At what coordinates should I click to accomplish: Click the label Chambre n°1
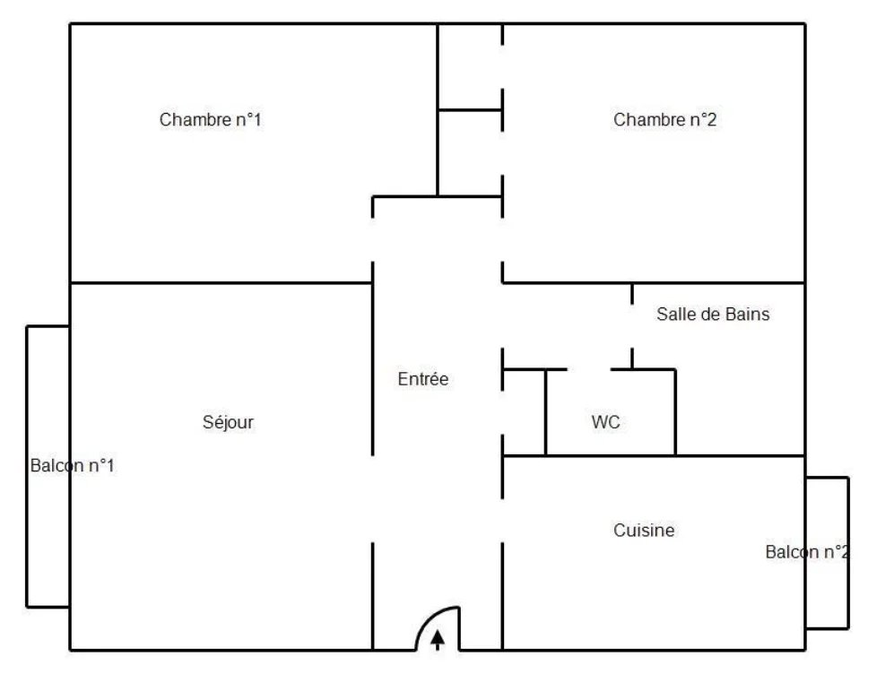click(210, 120)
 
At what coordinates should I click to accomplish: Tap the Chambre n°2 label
click(664, 120)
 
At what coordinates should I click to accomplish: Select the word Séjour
click(228, 423)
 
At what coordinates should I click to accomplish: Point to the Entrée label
click(422, 380)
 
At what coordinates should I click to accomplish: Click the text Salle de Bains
click(713, 315)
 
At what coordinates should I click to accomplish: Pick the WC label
click(605, 423)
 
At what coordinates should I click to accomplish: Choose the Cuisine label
click(644, 531)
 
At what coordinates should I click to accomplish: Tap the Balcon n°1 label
click(72, 466)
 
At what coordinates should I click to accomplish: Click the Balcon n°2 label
click(806, 552)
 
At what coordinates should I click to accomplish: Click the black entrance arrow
click(438, 640)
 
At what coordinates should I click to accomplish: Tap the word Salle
click(673, 315)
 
